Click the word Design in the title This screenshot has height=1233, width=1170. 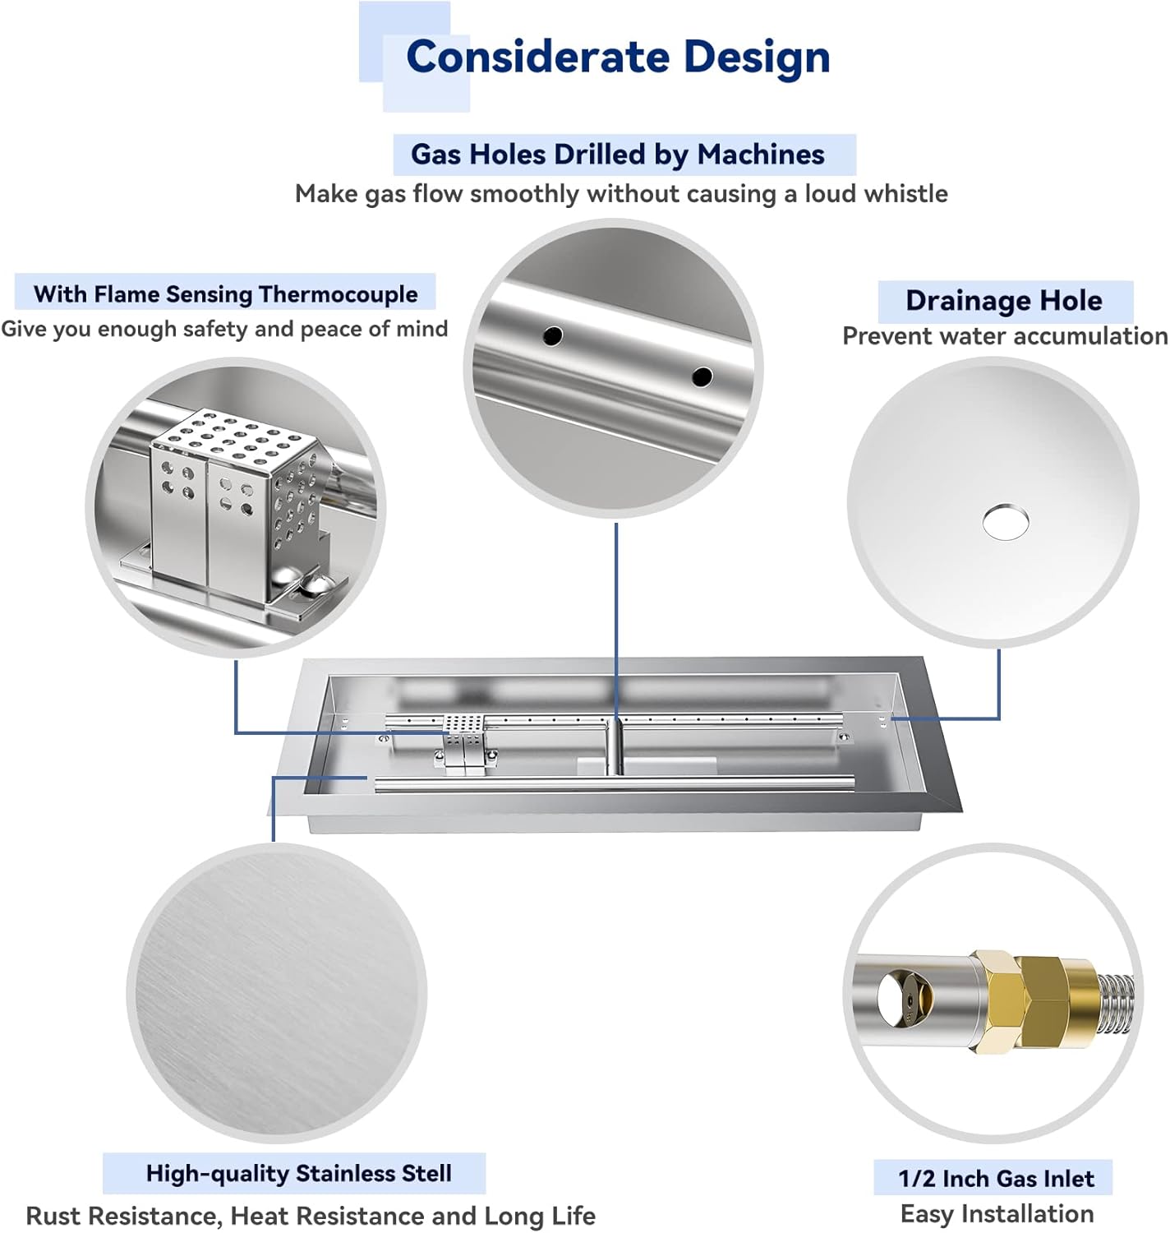[x=757, y=57]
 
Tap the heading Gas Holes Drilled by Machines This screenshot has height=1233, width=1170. [x=617, y=155]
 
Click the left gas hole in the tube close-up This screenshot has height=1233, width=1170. [x=553, y=335]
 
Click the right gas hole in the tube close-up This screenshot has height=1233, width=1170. [x=702, y=376]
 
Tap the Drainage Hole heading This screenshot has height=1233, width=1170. [x=1004, y=301]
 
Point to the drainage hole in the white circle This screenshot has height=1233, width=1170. [x=1005, y=521]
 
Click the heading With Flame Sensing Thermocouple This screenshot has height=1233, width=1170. [x=225, y=294]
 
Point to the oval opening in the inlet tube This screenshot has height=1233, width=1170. [x=894, y=997]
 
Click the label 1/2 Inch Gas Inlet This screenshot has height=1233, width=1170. [x=996, y=1179]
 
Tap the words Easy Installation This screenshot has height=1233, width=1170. [x=997, y=1214]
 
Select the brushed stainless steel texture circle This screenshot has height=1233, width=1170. [x=277, y=993]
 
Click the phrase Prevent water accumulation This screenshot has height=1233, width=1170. [x=1004, y=336]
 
